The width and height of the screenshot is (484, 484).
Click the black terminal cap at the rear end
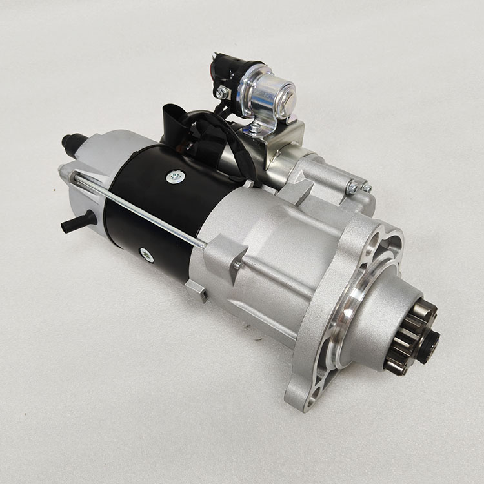(x=73, y=143)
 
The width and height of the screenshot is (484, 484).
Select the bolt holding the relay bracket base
(x=256, y=128)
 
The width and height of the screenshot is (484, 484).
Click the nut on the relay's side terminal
(x=223, y=92)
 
